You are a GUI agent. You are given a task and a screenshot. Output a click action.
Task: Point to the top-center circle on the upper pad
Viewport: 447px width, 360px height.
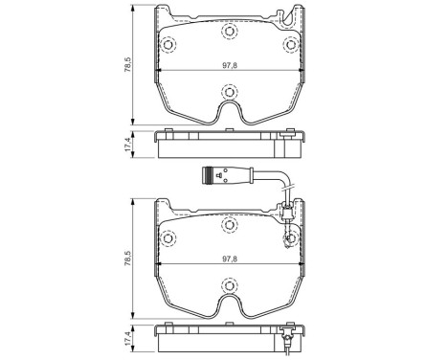pyautogui.click(x=229, y=34)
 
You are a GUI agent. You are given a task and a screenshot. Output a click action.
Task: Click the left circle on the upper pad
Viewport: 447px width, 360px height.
pyautogui.click(x=168, y=45)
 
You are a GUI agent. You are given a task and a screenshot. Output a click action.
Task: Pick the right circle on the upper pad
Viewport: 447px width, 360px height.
pyautogui.click(x=289, y=45)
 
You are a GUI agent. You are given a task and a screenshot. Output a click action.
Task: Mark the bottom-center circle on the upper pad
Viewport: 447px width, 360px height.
pyautogui.click(x=229, y=93)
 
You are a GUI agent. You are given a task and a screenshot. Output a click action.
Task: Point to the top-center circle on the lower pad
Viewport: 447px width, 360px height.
pyautogui.click(x=229, y=225)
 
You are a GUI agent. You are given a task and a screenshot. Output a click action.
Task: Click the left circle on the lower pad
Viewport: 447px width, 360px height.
pyautogui.click(x=168, y=236)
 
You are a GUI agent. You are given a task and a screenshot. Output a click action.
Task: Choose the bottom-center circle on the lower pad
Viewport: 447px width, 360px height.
pyautogui.click(x=229, y=284)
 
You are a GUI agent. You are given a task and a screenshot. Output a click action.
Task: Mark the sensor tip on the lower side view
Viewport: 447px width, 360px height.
pyautogui.click(x=286, y=336)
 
